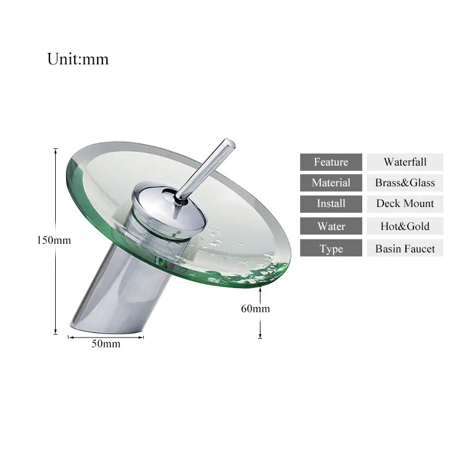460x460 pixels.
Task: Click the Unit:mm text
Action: [78, 59]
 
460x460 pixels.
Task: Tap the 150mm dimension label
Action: [53, 240]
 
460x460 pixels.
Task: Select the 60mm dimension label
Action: [255, 309]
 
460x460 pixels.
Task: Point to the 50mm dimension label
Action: [106, 344]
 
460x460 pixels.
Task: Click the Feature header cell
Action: [331, 162]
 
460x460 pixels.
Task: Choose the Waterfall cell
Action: [405, 162]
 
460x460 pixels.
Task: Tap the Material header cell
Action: [331, 183]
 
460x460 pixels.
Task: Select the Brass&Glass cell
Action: [405, 183]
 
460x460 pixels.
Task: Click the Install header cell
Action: [331, 204]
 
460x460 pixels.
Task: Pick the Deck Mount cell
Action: [405, 204]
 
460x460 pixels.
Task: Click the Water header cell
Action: [331, 226]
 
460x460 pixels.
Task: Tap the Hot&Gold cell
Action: [405, 226]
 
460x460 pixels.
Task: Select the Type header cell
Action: [331, 248]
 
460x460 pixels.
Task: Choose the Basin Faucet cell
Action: [405, 248]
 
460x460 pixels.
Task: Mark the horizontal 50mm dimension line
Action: [106, 337]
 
